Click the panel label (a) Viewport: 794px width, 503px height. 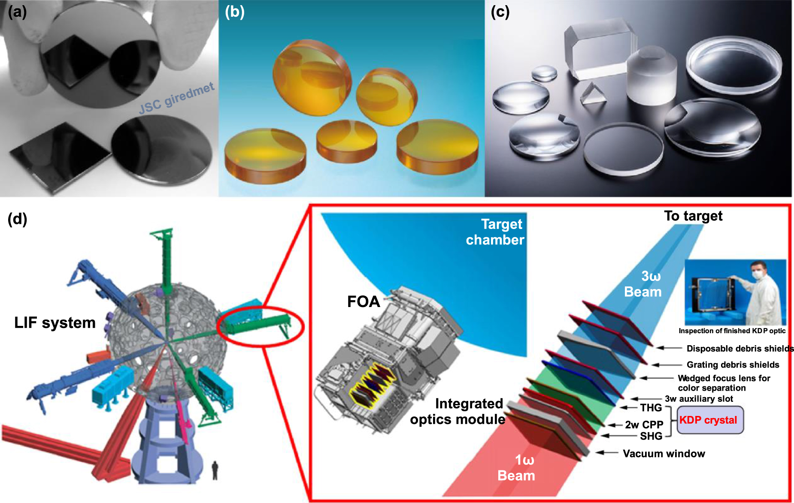[x=17, y=12]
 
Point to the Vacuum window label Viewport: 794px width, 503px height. [x=664, y=454]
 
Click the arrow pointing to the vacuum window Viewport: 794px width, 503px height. [x=606, y=453]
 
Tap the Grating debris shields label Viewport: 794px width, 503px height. [x=733, y=365]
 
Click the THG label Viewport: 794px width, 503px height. [x=651, y=408]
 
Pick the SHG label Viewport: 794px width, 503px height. [x=651, y=436]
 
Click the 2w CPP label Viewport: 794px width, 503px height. [x=644, y=425]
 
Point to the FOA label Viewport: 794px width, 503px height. [x=364, y=302]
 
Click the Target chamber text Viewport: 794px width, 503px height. [x=496, y=232]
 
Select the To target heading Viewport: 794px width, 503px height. [x=693, y=216]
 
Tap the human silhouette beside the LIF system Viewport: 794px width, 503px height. [x=215, y=470]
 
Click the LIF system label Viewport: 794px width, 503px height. [x=55, y=322]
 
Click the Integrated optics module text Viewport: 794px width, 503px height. [x=458, y=411]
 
